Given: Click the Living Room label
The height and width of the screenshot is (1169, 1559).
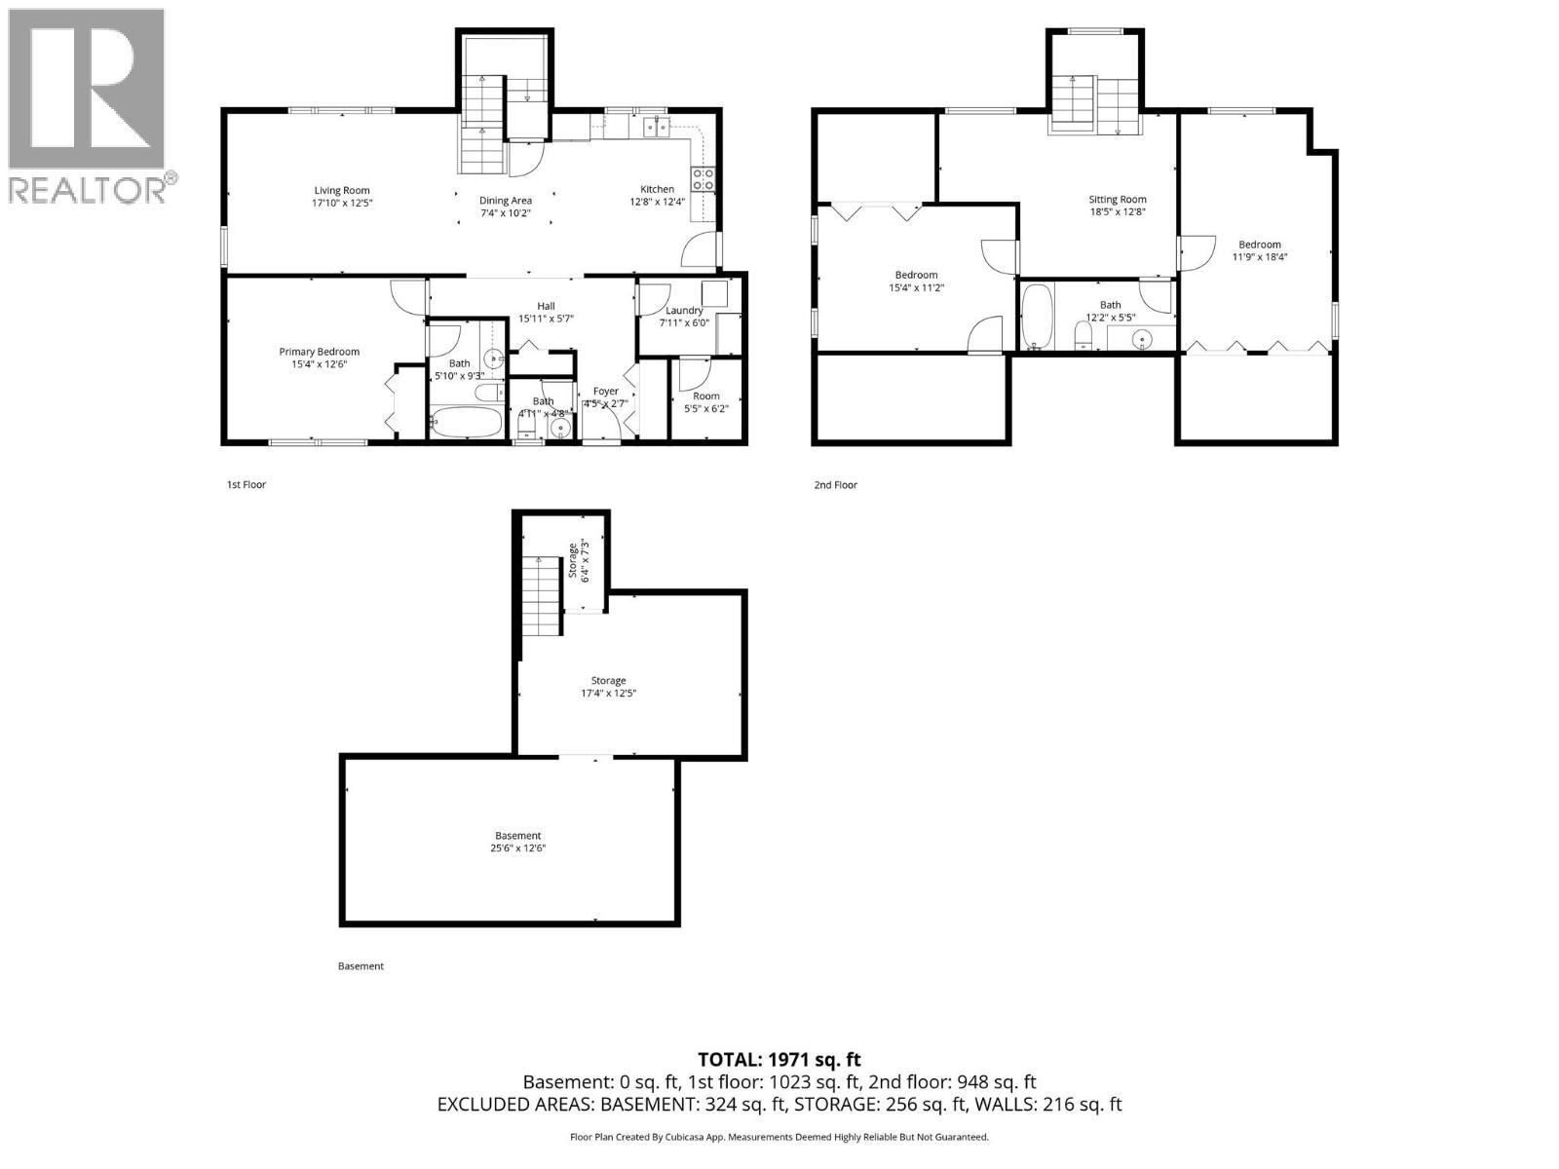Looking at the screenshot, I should (341, 191).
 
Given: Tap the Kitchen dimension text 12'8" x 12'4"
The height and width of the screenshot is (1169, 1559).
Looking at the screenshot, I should (657, 203).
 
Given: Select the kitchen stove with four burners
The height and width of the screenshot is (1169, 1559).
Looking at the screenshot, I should (703, 178).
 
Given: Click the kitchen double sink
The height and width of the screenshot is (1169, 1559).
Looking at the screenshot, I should (655, 125).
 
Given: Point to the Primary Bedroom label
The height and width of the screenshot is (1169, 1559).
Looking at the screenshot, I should (319, 352).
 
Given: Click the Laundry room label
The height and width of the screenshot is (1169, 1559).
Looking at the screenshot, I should (684, 311).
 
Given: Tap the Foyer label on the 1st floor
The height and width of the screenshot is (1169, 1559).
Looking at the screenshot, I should (605, 392).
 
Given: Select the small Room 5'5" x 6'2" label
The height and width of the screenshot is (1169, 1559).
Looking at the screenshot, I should (705, 396).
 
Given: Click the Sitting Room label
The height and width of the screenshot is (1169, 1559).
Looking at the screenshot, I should (1117, 200).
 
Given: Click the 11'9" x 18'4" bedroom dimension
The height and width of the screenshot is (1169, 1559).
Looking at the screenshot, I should (1259, 257).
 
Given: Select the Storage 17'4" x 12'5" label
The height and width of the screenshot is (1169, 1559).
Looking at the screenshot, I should (608, 681).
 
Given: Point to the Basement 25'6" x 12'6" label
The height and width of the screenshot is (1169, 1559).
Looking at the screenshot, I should (517, 836).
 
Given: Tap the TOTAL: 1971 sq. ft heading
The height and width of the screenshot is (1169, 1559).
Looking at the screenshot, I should (779, 1060).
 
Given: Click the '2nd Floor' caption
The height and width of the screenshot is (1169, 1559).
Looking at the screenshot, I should (835, 484).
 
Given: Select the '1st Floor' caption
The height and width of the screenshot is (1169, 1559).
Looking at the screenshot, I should (246, 484).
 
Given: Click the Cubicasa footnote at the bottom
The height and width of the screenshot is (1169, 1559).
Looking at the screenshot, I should (779, 1137).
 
